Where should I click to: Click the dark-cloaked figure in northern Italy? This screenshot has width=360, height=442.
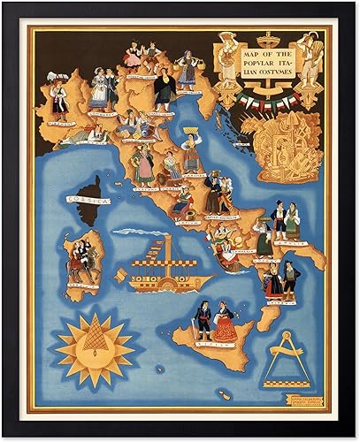tap(164, 88)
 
